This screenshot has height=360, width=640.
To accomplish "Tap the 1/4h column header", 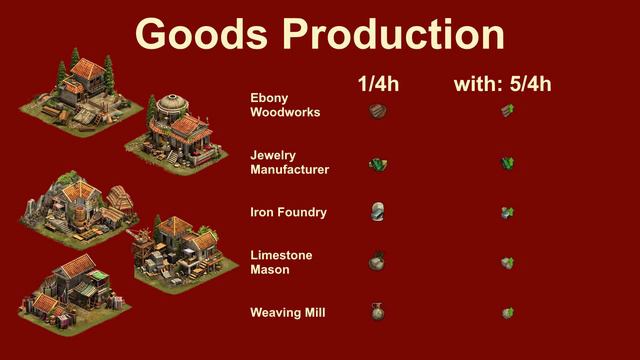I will coord(378,85).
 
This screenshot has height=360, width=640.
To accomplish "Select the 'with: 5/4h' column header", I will coord(503,85).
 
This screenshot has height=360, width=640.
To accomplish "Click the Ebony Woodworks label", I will coord(285,105).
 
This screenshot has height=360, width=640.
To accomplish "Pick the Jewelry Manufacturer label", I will coord(289,162).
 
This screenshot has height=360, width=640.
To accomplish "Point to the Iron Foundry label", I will coord(288,212).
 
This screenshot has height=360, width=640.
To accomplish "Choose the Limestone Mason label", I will coord(281,262).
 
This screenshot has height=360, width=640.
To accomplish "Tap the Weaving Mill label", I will coord(287,313).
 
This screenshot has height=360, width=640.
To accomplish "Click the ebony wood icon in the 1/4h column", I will coord(377,111).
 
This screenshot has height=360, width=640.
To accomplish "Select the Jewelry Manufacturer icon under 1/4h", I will coord(378,163).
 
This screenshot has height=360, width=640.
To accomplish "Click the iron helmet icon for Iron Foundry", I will coord(377,212).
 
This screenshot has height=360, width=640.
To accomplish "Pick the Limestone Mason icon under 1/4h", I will coord(377,262).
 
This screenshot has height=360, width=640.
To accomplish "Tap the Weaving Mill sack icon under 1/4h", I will coord(377,312).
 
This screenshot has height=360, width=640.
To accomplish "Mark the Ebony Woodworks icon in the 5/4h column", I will coord(507,112).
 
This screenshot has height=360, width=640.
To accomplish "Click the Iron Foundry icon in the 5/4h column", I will coord(507,212).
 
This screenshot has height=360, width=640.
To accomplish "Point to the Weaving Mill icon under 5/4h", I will coord(507,313).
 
